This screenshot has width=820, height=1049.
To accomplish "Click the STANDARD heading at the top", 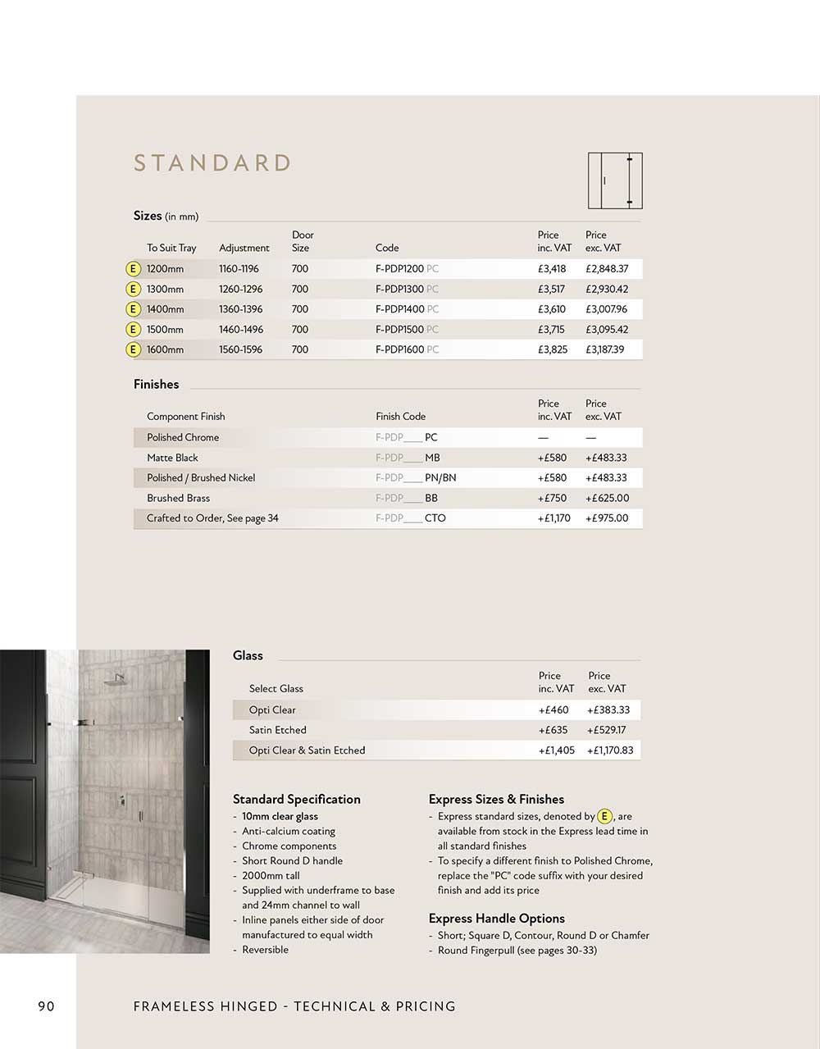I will [x=212, y=163].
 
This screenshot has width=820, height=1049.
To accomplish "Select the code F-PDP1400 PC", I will [x=407, y=309].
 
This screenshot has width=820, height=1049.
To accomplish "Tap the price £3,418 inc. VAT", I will [x=552, y=269].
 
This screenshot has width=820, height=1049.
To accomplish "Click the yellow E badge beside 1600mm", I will [x=133, y=349].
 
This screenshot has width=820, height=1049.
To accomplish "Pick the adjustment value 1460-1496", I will [x=240, y=330].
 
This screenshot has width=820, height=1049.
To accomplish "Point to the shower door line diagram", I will [x=615, y=180].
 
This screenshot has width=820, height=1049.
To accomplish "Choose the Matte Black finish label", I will [x=172, y=458].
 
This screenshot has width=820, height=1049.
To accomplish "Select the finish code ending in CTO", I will [x=411, y=518].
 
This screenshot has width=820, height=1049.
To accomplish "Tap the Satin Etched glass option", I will [x=278, y=730].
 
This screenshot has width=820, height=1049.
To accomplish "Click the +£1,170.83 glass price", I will [x=610, y=750].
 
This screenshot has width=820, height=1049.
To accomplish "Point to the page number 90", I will [x=46, y=1006].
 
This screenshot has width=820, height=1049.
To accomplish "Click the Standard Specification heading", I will [x=297, y=800].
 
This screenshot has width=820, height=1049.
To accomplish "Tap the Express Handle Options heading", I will [x=497, y=919].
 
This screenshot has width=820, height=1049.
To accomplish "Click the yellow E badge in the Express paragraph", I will [x=605, y=816].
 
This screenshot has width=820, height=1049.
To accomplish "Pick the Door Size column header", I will [x=302, y=241].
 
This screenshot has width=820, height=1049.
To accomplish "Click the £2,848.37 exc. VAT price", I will [x=607, y=269].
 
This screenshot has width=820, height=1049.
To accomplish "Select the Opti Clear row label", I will [x=272, y=710].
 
